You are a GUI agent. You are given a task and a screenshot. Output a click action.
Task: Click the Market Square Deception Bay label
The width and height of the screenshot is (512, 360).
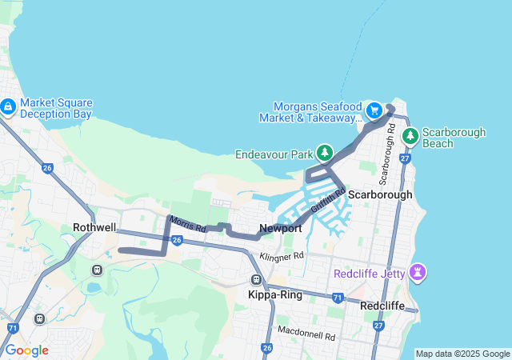coord(56,108)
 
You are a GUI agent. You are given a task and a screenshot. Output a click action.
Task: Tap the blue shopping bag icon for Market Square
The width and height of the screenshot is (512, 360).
coord(8,106)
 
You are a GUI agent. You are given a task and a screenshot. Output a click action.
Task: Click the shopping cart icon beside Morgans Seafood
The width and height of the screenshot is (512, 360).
coord(374,110)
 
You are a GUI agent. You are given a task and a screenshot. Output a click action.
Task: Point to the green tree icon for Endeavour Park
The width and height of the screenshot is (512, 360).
coord(324,151)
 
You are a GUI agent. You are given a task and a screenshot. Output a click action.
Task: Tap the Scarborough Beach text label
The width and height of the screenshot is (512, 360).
coord(449,138)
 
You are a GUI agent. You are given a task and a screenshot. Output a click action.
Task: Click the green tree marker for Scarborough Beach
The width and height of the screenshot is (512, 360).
coord(410,135)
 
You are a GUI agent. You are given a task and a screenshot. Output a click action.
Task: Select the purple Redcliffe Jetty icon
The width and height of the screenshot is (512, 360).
coord(417,272)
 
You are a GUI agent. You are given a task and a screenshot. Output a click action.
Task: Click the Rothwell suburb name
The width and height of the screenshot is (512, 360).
coord(94,227)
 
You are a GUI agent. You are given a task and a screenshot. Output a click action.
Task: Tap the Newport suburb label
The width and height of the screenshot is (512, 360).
coord(280,228)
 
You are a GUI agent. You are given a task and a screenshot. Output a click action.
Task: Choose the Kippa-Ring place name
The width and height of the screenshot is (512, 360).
coord(272,294)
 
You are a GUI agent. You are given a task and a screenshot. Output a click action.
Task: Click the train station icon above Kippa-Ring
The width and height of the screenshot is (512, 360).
coord(256,280)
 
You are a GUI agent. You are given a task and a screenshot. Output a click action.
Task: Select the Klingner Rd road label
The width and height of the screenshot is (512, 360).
coord(282,256)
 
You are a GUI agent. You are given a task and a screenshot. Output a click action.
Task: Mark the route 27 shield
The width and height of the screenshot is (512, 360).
coord(406,159)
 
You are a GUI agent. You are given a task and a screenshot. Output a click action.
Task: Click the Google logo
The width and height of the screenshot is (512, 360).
coord(26,350)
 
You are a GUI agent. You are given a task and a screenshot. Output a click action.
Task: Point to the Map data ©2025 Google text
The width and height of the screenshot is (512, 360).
coord(462,354)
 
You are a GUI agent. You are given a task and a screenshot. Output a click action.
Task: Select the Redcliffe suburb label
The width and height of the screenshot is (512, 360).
coord(382,306)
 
